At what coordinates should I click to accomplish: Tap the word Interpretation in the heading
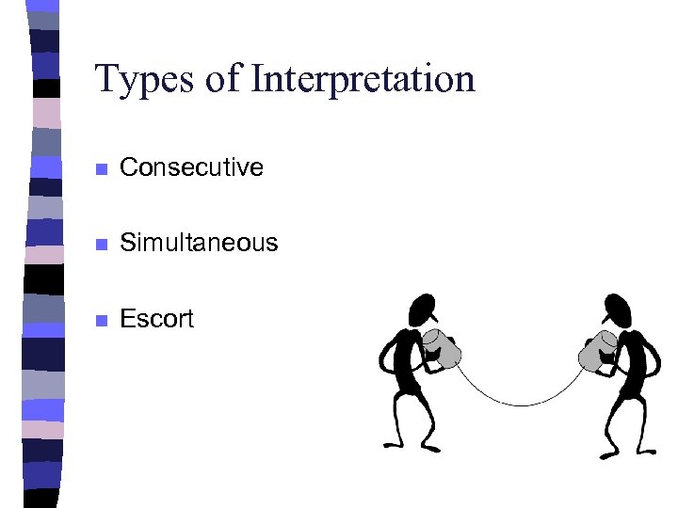coord(363,79)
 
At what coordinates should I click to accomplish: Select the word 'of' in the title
coord(223,79)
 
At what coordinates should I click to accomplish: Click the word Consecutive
coord(192,167)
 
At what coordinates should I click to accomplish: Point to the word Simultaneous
coord(200,243)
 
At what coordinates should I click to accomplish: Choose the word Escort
coord(156,319)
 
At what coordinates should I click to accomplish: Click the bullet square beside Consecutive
coord(102,169)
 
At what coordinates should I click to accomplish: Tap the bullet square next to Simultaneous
coord(102,245)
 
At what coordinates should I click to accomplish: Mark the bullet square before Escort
coord(102,321)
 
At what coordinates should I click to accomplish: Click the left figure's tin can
coord(444,349)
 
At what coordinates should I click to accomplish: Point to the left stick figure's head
coord(422,308)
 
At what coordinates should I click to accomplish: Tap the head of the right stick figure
coord(617,308)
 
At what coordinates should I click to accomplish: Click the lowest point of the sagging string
coord(519,405)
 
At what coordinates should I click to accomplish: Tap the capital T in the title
coord(106,79)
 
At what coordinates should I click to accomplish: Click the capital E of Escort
coord(128,319)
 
